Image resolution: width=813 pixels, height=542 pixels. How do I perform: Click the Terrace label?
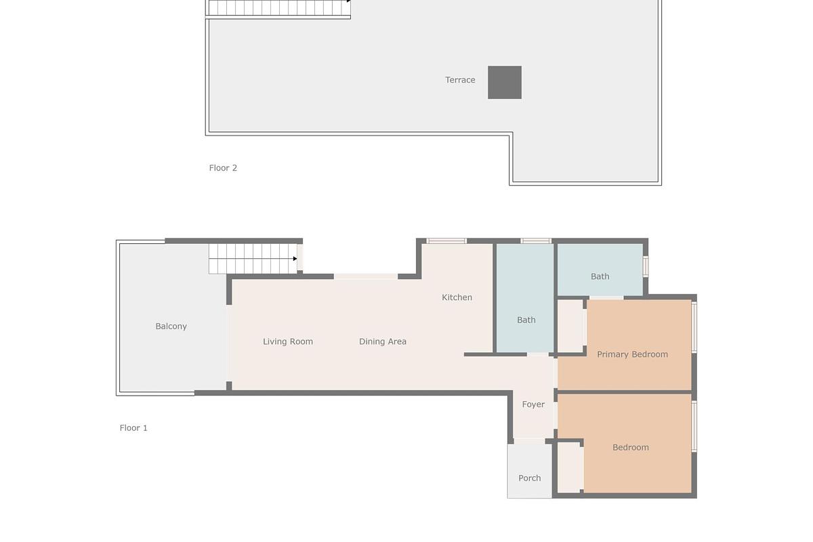click(x=460, y=80)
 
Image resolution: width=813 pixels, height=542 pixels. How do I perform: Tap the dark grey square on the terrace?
click(x=505, y=83)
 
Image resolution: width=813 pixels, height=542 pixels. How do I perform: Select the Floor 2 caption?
click(x=223, y=168)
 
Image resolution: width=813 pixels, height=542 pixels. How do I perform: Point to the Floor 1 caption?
click(x=133, y=428)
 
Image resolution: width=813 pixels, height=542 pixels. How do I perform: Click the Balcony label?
click(x=171, y=327)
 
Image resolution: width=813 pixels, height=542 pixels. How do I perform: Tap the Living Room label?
click(x=288, y=341)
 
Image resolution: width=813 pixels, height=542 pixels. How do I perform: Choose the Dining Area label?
click(x=383, y=341)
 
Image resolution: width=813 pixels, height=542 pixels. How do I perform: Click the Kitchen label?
click(x=457, y=297)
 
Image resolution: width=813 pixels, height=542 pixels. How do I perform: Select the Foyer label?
click(x=533, y=404)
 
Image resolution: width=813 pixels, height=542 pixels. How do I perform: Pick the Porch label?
click(x=530, y=478)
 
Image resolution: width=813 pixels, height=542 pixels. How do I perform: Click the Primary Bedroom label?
click(x=632, y=354)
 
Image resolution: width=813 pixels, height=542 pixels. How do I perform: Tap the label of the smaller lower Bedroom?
click(x=631, y=447)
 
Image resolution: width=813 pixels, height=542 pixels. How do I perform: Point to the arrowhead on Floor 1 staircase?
click(x=295, y=259)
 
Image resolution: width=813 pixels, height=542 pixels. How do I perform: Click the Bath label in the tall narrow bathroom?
click(x=526, y=320)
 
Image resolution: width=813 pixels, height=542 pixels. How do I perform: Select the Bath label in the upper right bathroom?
click(x=600, y=276)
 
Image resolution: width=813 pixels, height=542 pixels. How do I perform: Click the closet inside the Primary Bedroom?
click(x=570, y=325)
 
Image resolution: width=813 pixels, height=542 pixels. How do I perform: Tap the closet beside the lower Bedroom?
click(x=570, y=467)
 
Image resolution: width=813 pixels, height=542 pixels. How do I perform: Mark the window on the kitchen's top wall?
click(x=446, y=241)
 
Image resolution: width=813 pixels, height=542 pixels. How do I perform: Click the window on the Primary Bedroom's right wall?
click(x=694, y=327)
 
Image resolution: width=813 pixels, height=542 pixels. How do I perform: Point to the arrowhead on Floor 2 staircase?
click(x=349, y=1)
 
